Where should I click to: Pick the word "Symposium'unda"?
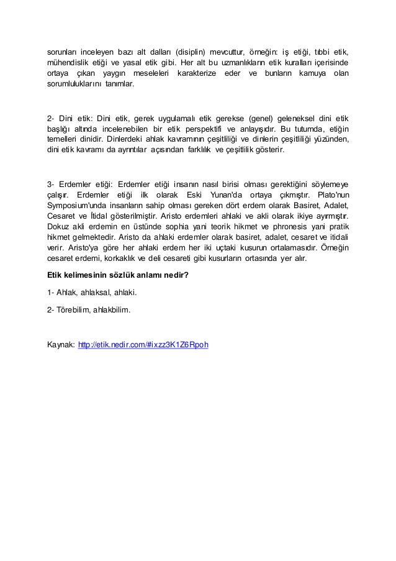[76, 206]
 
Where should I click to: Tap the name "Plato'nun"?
[328, 194]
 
